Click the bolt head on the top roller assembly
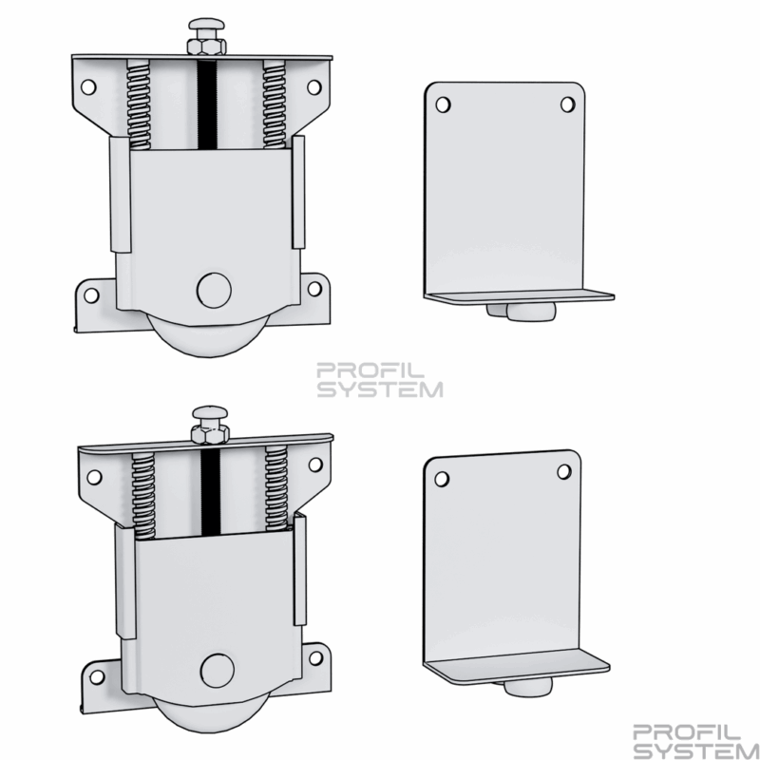coord(207,25)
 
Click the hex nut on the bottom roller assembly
coord(209,435)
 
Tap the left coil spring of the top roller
coord(139,105)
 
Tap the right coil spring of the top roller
coord(275,104)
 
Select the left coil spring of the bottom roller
coord(144,496)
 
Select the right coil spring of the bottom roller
coord(276,488)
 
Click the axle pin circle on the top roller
coord(214,291)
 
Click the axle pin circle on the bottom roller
coord(218,671)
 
